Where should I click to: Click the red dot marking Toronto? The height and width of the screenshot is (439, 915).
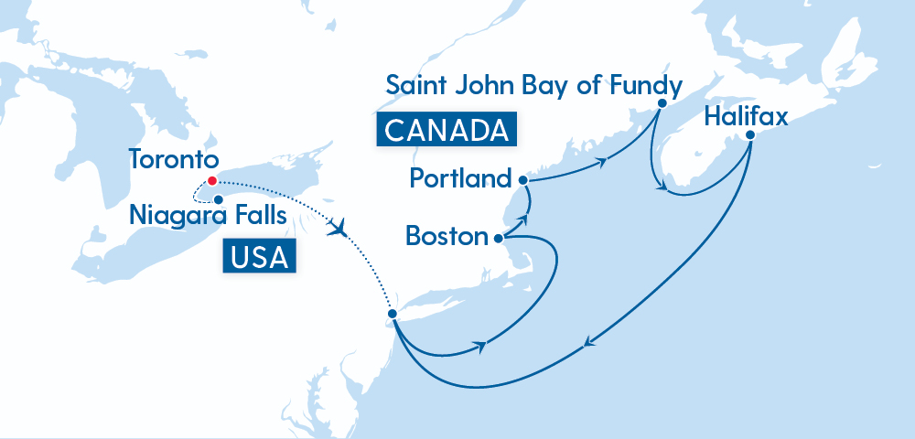pos(212,180)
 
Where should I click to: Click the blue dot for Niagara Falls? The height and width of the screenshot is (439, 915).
pos(219,198)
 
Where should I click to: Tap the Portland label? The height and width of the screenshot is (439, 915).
pos(460,179)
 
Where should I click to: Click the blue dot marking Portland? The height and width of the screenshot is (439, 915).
pos(522,180)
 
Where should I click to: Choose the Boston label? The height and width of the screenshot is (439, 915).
pos(447,237)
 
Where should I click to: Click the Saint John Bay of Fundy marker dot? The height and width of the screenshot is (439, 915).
pos(659,105)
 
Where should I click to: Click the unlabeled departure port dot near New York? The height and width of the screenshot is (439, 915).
pos(392,314)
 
